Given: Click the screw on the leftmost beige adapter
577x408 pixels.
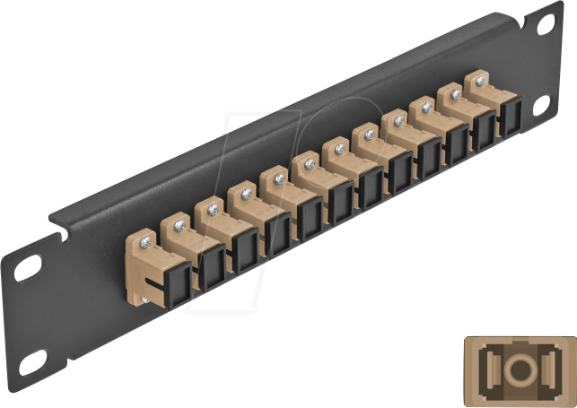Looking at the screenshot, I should [x=147, y=239].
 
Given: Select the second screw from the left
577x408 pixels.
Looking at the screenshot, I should [x=179, y=223].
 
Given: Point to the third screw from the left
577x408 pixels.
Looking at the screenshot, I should [x=213, y=208].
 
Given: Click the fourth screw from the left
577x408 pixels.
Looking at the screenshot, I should [x=246, y=192].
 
